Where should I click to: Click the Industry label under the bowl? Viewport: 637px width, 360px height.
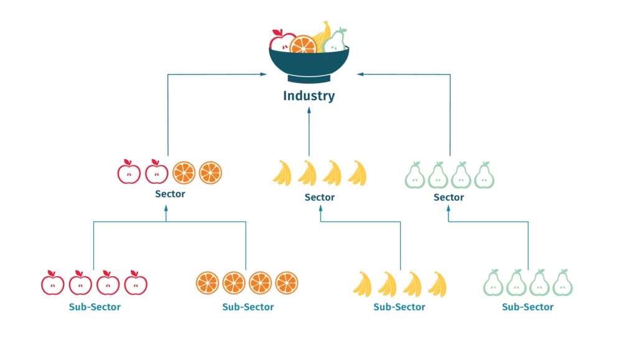coord(310,96)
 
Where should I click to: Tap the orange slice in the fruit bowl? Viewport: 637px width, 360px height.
coord(303,46)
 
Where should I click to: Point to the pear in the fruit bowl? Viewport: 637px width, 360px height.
coord(335,42)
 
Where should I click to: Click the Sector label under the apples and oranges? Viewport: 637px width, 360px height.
coord(170,195)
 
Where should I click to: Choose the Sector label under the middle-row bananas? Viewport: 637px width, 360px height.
coord(320,197)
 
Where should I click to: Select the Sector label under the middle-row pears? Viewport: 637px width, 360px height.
coord(450,197)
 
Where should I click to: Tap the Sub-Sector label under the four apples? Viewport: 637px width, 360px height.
coord(95,307)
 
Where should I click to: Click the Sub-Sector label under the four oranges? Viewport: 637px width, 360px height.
coord(248,307)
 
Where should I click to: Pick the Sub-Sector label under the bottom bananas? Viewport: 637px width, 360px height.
coord(399,307)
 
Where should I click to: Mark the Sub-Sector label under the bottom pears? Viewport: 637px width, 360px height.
coord(529,307)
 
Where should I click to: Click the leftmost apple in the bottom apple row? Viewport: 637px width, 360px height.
coord(53,284)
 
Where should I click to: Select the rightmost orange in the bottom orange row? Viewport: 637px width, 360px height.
coord(287,283)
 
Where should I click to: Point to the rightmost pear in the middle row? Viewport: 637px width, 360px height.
coord(484,176)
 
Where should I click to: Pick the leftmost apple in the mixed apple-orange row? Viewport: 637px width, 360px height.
coord(129,172)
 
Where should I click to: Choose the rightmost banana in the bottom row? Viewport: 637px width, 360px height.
coord(437,284)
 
